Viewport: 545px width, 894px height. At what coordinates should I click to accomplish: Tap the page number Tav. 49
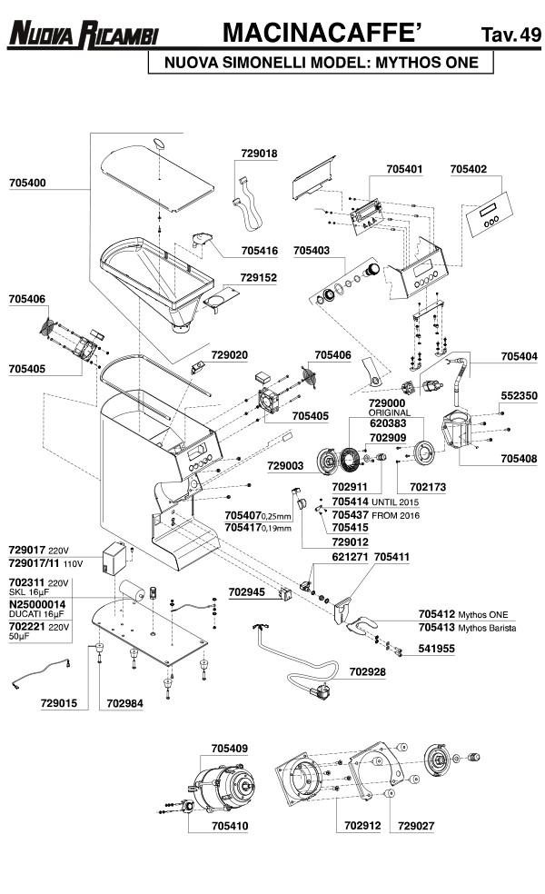pyautogui.click(x=510, y=35)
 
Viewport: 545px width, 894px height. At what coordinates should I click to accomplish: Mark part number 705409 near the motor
pyautogui.click(x=230, y=750)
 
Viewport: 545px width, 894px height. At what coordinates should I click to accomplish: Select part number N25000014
pyautogui.click(x=37, y=604)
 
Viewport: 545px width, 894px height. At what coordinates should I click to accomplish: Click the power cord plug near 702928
pyautogui.click(x=320, y=693)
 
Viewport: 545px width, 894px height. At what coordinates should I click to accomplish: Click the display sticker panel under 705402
pyautogui.click(x=490, y=216)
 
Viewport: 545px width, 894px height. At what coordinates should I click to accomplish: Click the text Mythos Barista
pyautogui.click(x=484, y=627)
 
